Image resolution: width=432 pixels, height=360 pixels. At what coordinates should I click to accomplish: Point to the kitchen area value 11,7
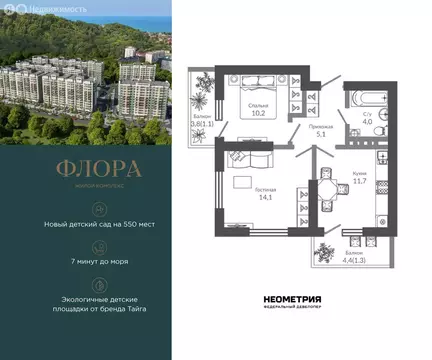click(x=359, y=180)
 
